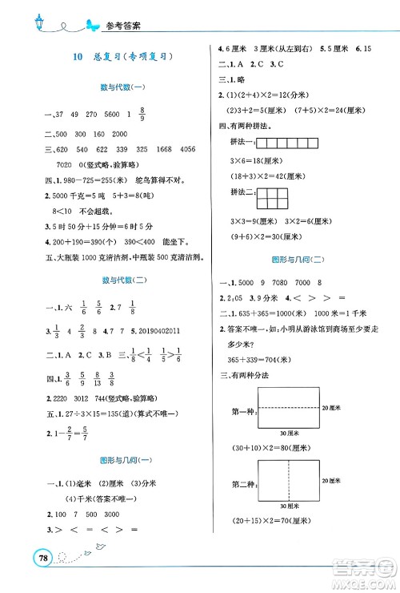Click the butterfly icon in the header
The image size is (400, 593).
click(x=94, y=26)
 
